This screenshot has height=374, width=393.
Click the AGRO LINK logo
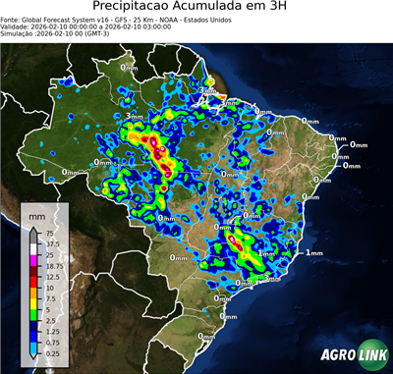pos(351,355)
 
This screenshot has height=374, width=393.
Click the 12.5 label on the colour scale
pos(43,278)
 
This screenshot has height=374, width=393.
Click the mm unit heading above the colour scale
pos(36,216)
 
